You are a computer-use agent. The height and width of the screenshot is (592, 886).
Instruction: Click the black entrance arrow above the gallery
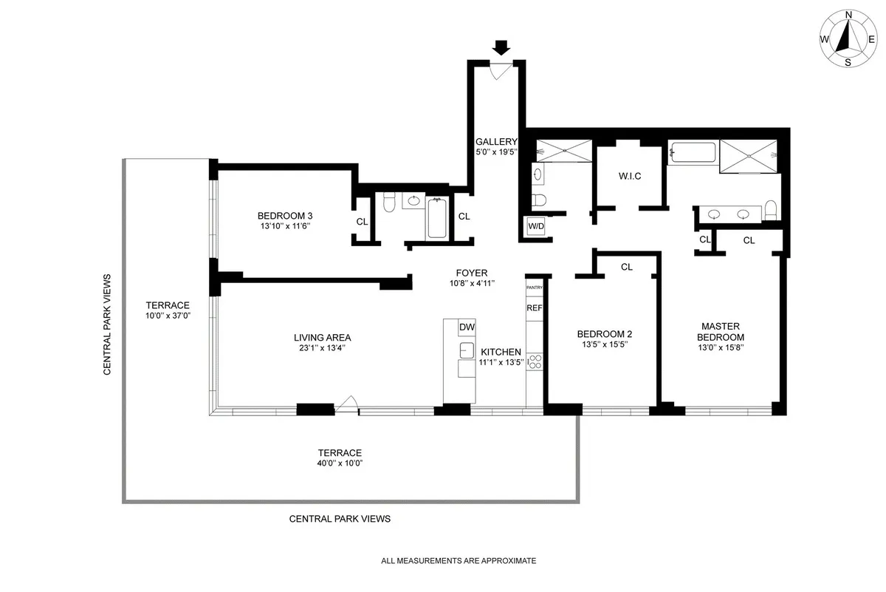click(501, 48)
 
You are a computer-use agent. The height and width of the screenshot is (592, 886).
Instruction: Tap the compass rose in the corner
click(848, 38)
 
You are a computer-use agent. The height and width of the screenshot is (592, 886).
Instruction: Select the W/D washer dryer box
click(535, 227)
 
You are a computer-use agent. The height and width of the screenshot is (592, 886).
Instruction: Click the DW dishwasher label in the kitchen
click(467, 327)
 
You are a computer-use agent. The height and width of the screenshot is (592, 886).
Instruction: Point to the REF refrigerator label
click(534, 307)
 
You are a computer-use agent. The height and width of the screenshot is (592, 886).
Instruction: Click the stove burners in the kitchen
click(535, 362)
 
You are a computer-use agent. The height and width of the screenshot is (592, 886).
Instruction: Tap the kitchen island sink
click(467, 350)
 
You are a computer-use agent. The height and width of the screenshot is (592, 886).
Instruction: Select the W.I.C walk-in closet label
click(629, 177)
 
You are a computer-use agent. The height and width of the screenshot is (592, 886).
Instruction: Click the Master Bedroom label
click(721, 331)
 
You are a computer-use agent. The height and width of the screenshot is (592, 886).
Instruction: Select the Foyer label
click(471, 273)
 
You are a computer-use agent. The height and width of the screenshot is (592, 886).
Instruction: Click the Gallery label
click(496, 142)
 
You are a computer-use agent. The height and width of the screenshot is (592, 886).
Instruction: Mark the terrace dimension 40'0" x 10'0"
click(340, 463)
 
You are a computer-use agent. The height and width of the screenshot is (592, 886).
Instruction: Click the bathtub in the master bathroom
click(693, 154)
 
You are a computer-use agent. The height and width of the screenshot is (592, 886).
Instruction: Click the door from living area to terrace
click(347, 404)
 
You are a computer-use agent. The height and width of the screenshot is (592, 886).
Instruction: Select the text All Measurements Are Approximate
click(458, 561)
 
